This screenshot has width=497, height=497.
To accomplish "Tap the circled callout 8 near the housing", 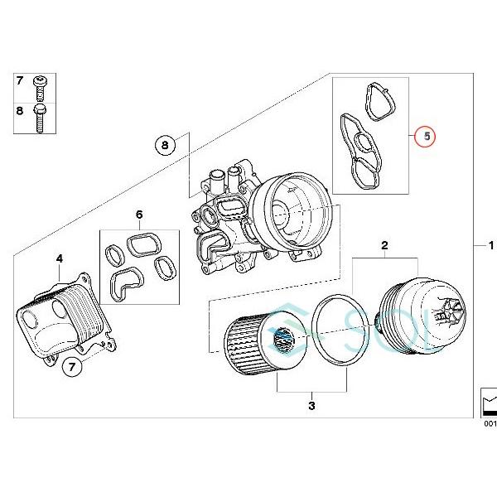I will tap(165, 145).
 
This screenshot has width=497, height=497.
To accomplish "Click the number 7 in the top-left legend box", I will tap(20, 81).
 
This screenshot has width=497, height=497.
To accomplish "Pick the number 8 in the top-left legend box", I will tap(20, 109).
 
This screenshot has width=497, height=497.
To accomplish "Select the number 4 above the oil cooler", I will tap(59, 259).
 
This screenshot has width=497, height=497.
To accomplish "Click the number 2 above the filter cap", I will tap(384, 246).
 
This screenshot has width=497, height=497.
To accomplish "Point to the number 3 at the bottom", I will tap(311, 406).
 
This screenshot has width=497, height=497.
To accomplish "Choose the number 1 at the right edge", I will tap(490, 246).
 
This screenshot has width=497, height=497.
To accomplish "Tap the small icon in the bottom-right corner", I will tap(489, 405).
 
